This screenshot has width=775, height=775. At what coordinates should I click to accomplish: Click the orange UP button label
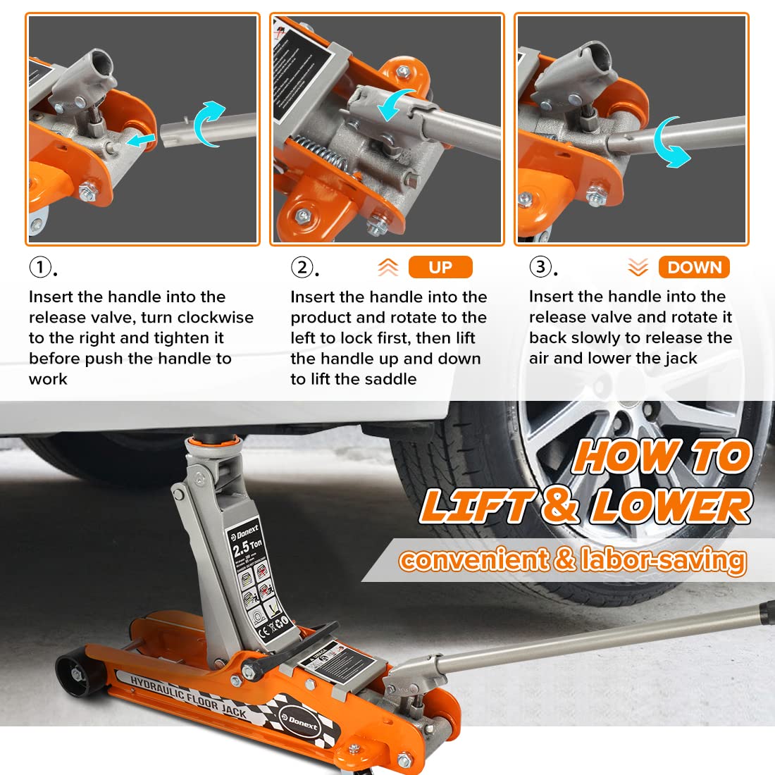click(x=440, y=268)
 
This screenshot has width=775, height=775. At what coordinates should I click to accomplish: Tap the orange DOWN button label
click(x=694, y=268)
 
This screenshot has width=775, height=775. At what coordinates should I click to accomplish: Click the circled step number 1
click(x=40, y=268)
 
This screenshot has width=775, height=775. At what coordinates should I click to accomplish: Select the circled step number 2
click(x=302, y=268)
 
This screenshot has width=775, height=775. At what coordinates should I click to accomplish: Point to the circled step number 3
click(x=540, y=267)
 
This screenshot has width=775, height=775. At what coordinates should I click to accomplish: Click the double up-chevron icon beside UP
click(x=388, y=268)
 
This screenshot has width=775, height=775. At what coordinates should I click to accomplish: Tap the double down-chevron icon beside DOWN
click(x=638, y=268)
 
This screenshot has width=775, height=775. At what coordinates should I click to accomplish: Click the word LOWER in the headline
click(x=671, y=507)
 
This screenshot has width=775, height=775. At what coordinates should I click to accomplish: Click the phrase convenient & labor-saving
click(x=572, y=560)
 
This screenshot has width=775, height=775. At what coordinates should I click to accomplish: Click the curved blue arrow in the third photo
click(x=673, y=142)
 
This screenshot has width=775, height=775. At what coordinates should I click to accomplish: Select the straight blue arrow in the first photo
click(x=142, y=142)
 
